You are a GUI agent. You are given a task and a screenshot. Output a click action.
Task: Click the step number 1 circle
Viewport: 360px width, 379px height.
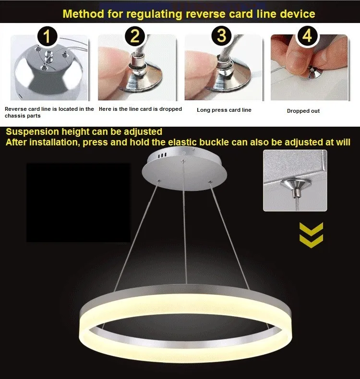[47, 36]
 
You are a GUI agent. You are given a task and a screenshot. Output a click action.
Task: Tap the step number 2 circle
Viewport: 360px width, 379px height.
[135, 36]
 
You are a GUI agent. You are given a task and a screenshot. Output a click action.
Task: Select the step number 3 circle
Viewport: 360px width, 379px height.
[221, 36]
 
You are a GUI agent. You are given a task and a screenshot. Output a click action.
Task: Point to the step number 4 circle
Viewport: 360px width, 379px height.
[307, 36]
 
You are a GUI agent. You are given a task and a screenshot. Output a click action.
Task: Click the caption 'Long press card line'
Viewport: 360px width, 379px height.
[224, 110]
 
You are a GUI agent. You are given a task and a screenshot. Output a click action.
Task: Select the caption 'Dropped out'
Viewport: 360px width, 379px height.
[303, 111]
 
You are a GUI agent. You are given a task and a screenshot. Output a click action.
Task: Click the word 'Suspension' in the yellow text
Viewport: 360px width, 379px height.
[32, 132]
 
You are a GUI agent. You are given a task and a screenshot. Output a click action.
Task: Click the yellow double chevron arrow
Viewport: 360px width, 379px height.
[311, 235]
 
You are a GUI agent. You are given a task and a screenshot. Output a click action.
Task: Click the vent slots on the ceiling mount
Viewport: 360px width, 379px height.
[162, 155]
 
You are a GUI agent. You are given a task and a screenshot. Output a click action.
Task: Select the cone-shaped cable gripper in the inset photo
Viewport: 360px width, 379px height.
[296, 186]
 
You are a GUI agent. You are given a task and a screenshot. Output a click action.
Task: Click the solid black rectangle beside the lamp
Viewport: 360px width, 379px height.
[78, 202]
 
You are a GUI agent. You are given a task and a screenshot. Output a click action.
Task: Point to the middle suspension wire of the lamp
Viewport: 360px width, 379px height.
[185, 222]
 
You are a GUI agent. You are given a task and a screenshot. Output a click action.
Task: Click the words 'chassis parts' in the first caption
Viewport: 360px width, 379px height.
[23, 116]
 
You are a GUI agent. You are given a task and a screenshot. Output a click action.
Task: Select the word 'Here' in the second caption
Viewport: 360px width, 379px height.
[105, 109]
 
